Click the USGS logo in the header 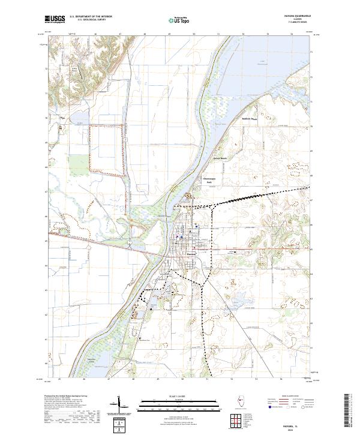pyautogui.click(x=55, y=19)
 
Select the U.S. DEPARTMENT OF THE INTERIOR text pyautogui.click(x=91, y=17)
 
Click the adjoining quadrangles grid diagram pyautogui.click(x=235, y=421)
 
